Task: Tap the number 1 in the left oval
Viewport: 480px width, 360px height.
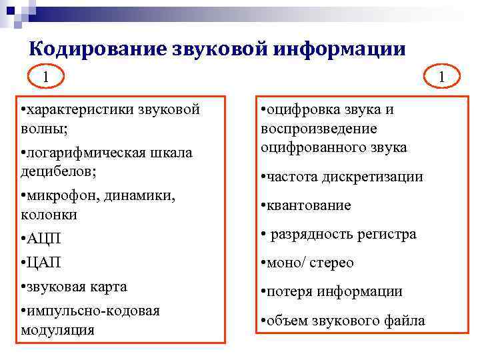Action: pyautogui.click(x=46, y=77)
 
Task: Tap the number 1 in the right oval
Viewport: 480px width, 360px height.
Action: pyautogui.click(x=441, y=78)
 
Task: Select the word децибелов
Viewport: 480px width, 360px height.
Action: pyautogui.click(x=57, y=171)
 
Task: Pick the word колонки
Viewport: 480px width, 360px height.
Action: pyautogui.click(x=49, y=215)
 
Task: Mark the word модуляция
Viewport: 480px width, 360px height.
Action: pyautogui.click(x=57, y=329)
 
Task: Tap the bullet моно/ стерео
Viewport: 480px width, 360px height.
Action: pyautogui.click(x=310, y=263)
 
